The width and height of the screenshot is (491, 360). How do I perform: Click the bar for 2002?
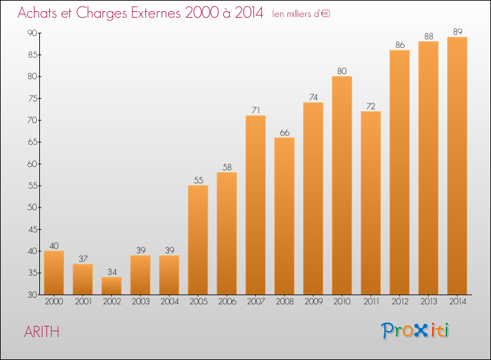click(111, 286)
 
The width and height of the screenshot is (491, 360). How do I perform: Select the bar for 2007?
click(255, 205)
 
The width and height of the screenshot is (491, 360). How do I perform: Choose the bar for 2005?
click(198, 240)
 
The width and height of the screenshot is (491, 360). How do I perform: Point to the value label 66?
click(284, 132)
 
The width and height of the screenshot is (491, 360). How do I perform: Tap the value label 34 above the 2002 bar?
click(111, 272)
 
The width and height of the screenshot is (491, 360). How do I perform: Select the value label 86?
click(399, 45)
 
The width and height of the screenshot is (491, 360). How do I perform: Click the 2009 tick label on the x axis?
click(313, 302)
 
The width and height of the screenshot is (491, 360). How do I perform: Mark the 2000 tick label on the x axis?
click(54, 302)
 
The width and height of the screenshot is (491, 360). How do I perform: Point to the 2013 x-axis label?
click(428, 302)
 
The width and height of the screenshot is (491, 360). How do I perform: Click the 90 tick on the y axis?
click(31, 33)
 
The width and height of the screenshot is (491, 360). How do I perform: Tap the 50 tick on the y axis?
click(31, 207)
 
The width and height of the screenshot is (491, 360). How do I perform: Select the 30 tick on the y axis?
click(31, 295)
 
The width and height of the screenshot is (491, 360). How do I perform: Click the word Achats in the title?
click(41, 13)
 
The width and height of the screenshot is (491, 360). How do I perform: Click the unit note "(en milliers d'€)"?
click(301, 14)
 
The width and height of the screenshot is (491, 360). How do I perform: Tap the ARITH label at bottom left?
click(41, 332)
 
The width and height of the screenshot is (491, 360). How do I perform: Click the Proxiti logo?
click(416, 331)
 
